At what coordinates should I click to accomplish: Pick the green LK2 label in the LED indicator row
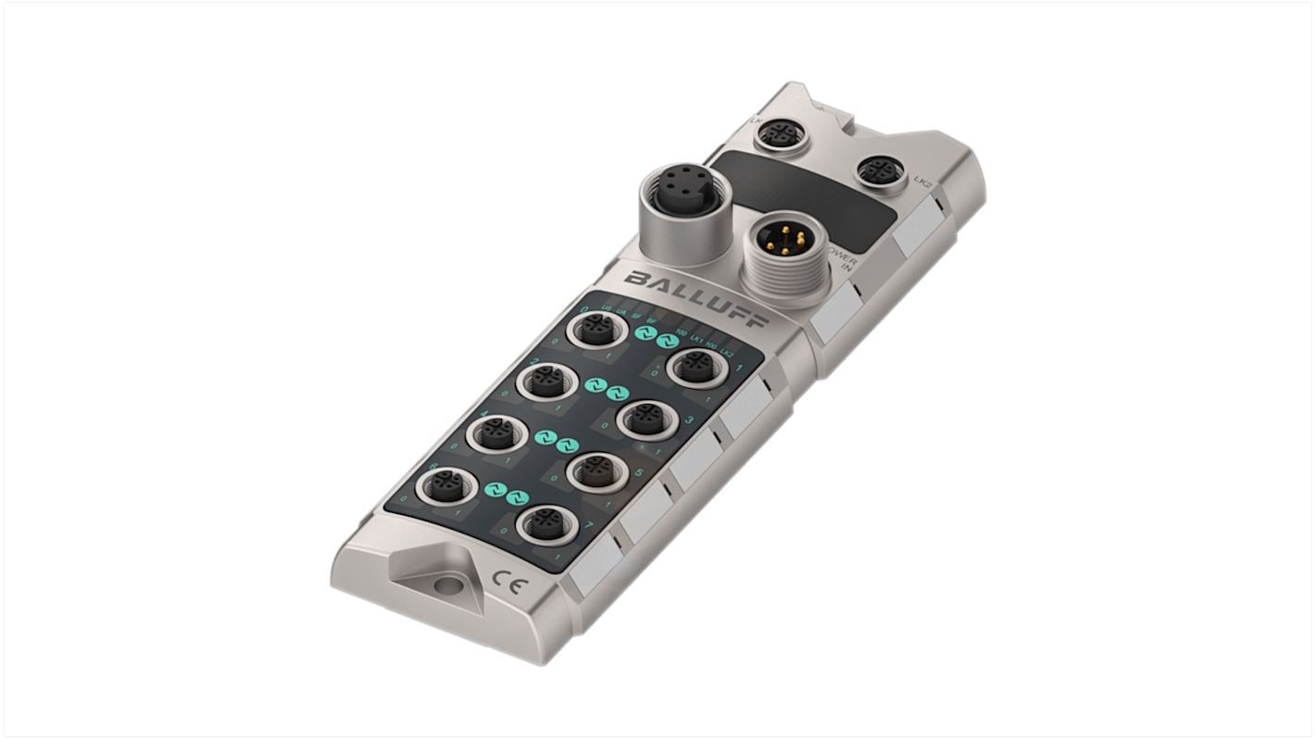coord(726,351)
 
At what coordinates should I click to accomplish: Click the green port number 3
coord(688,421)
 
